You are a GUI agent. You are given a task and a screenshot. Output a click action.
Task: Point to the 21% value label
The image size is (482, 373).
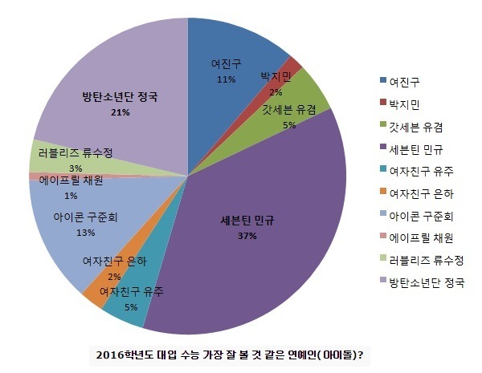pos(120,112)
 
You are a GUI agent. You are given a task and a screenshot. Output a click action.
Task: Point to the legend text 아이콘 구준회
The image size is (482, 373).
pos(419,216)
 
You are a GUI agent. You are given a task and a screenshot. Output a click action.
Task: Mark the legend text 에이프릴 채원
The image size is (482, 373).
pos(419,238)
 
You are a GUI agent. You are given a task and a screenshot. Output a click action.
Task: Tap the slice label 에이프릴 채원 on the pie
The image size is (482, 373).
pos(71,181)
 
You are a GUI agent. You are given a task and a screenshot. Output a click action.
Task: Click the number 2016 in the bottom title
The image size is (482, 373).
pos(111,354)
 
